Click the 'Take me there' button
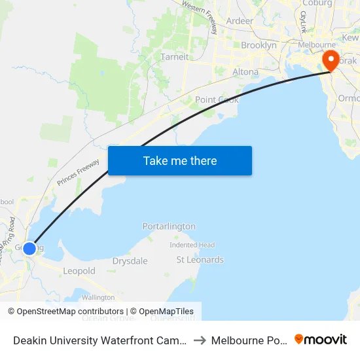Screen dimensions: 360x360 pos(180,161)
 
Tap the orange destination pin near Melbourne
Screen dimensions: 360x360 pos(330,60)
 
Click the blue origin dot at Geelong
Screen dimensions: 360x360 pos(29,248)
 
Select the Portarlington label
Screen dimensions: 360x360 pos(169,226)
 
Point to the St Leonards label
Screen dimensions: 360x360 pos(200,260)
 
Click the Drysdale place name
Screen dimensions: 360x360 pos(130,261)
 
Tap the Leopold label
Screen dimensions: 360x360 pos(79,271)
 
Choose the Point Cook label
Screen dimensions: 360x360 pos(217,99)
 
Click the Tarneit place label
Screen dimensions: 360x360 pos(174,57)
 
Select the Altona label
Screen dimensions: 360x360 pos(245,72)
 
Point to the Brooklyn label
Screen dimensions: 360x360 pos(259,46)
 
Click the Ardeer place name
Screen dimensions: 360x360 pos(240,21)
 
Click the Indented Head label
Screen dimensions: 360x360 pos(192,245)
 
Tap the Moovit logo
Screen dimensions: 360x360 pos(321,339)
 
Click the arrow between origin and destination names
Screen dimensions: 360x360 pos(199,340)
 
